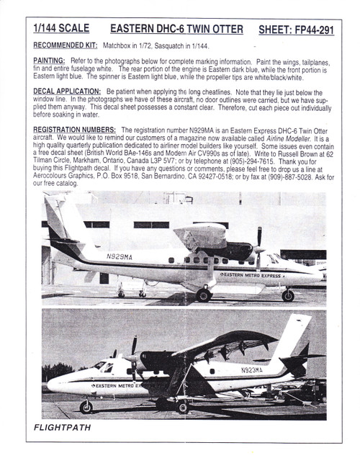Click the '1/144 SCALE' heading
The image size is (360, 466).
61,28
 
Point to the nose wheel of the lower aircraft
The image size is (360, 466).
86,407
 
